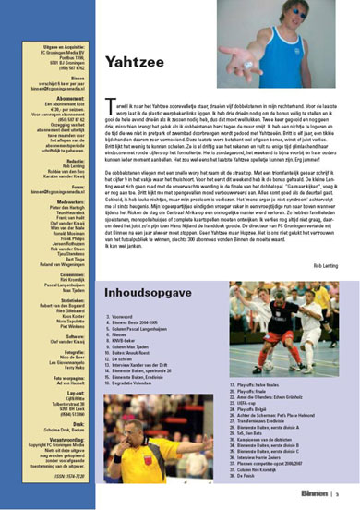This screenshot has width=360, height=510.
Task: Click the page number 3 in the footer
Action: coord(339,493)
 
